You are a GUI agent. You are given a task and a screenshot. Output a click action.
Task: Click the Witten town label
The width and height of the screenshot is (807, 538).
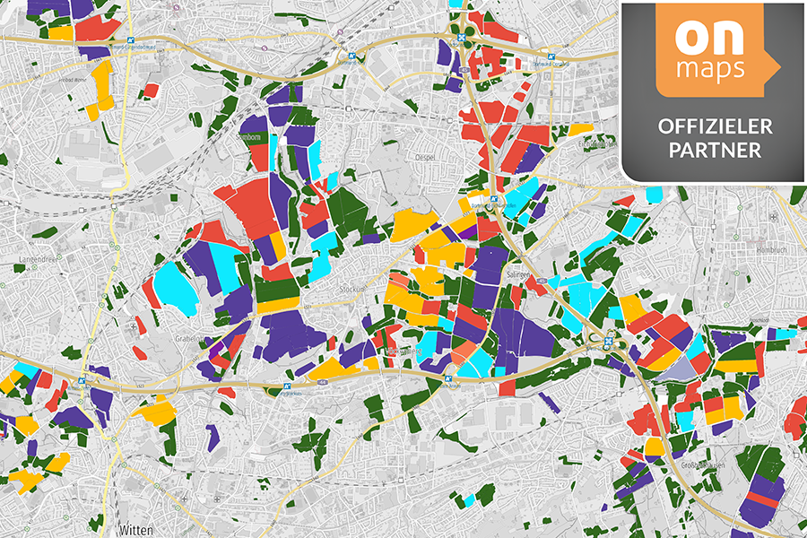point(135,529)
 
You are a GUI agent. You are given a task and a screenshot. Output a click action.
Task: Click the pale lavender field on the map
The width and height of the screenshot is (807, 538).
point(674,369)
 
